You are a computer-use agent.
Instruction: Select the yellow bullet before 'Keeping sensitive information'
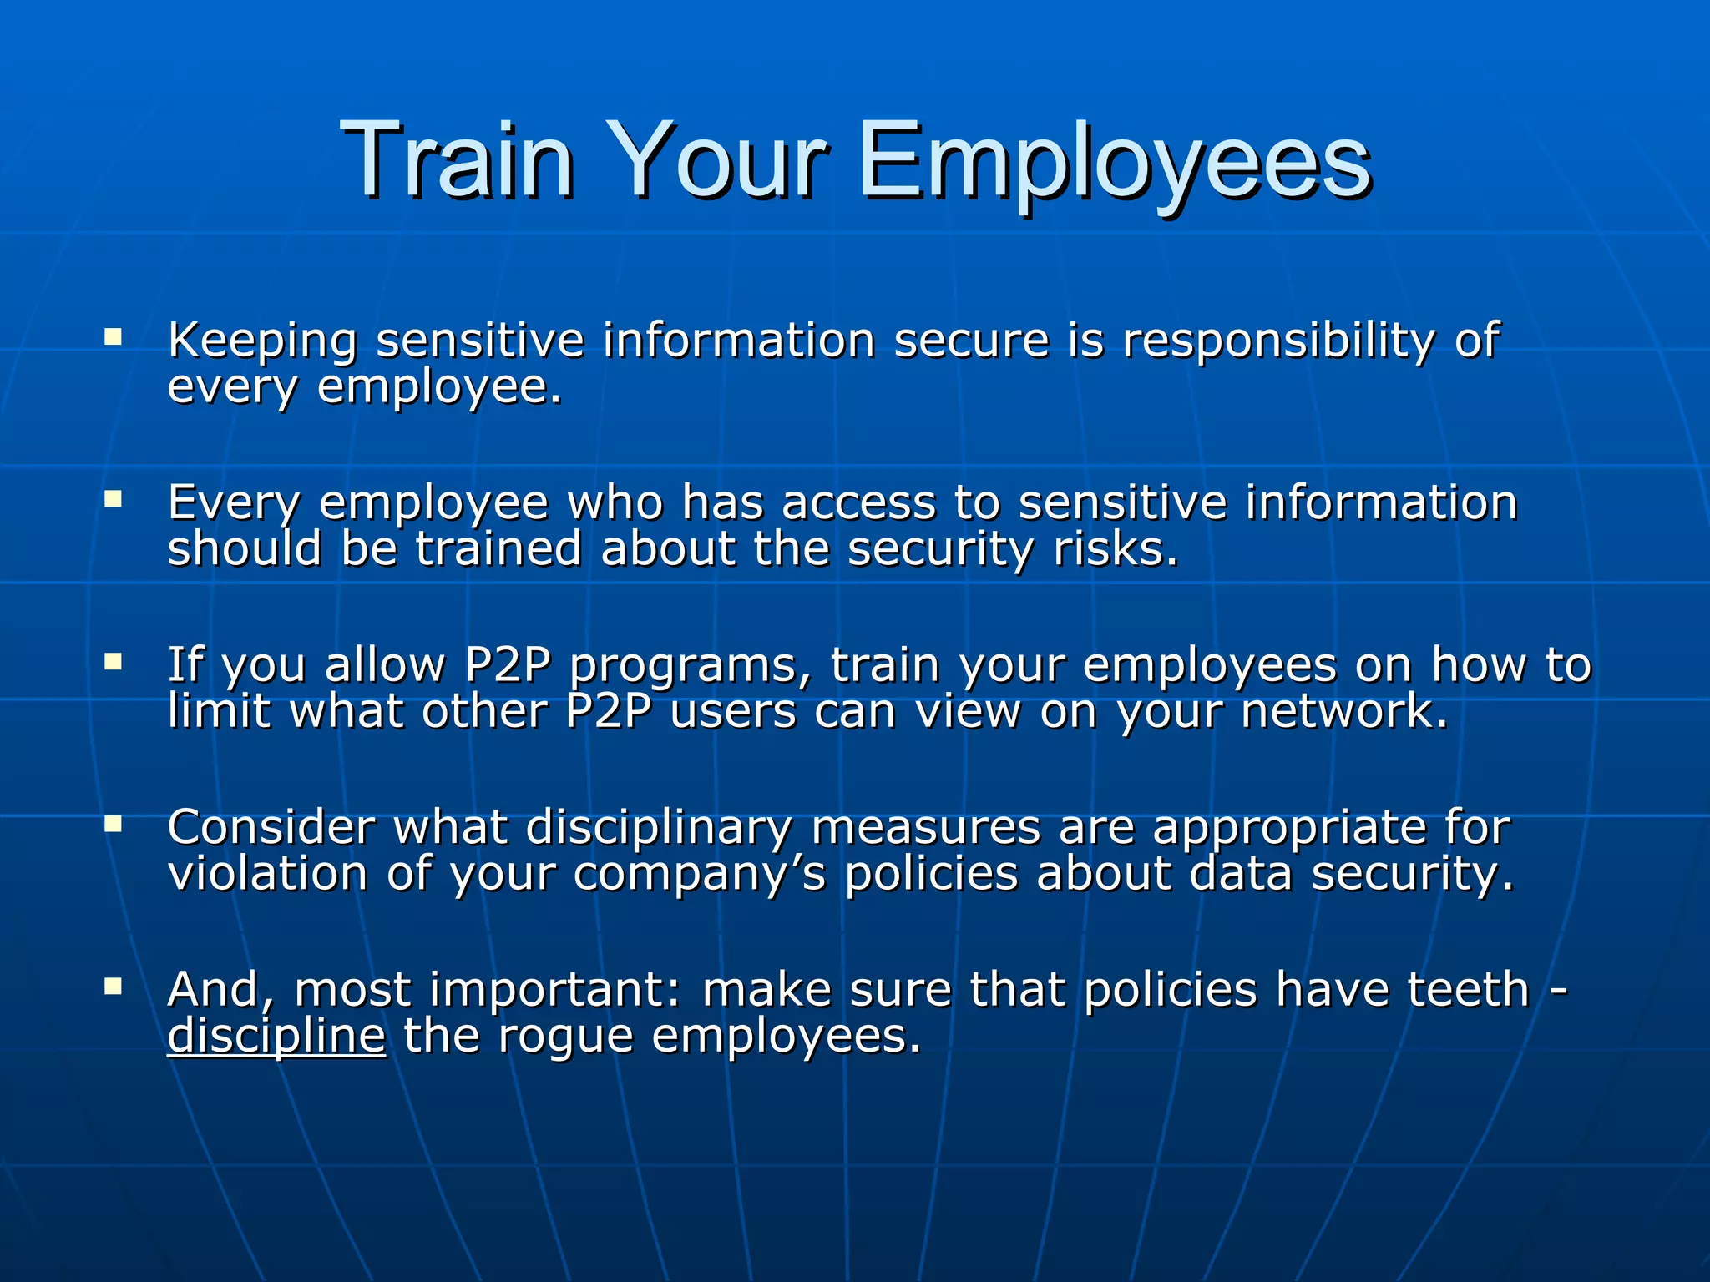click(113, 337)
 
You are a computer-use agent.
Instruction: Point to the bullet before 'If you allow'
click(113, 662)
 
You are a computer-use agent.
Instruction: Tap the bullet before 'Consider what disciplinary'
click(113, 824)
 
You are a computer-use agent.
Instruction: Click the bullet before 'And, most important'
click(113, 987)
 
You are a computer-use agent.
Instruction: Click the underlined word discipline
click(276, 1036)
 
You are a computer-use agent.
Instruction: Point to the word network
click(1344, 711)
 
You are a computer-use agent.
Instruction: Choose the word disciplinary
click(659, 828)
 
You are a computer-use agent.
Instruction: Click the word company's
click(699, 874)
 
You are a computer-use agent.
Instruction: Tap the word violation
click(267, 874)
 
